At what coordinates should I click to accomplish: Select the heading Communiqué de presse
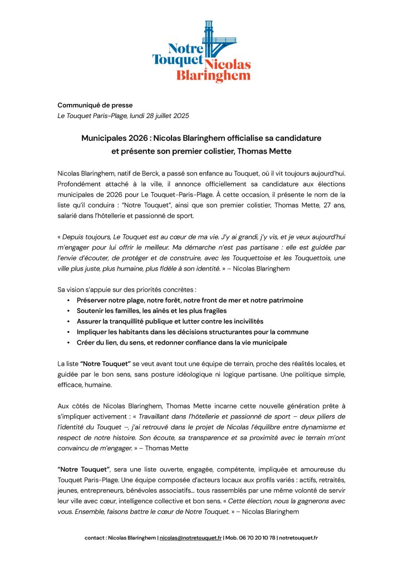pyautogui.click(x=95, y=105)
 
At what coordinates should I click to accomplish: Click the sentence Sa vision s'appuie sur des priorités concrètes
pyautogui.click(x=127, y=289)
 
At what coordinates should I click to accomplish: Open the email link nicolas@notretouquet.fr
pyautogui.click(x=191, y=538)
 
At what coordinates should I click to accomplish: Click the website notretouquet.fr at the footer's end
pyautogui.click(x=298, y=538)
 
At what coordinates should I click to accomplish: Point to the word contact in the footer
pyautogui.click(x=95, y=538)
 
